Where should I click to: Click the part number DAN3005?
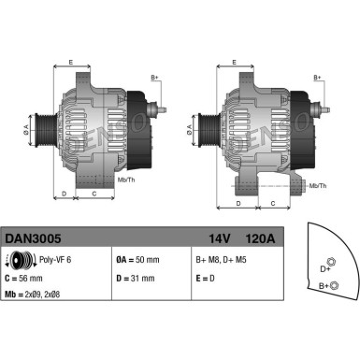[x=31, y=239]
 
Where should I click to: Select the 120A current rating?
[x=263, y=239]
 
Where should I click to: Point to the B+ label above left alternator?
[x=155, y=77]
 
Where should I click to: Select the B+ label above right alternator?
[x=317, y=77]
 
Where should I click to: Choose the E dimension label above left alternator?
[x=72, y=62]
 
